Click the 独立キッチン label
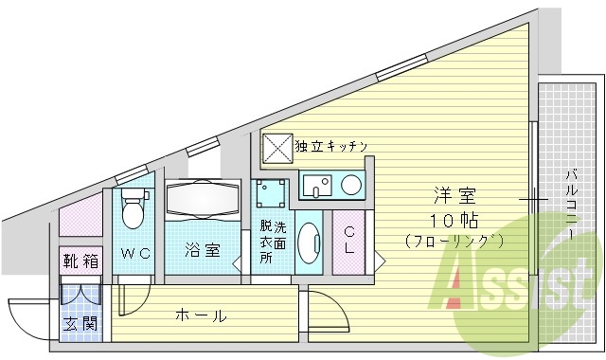(x=330, y=147)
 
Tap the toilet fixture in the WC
(x=133, y=208)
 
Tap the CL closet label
(x=349, y=242)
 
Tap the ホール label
(x=200, y=316)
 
